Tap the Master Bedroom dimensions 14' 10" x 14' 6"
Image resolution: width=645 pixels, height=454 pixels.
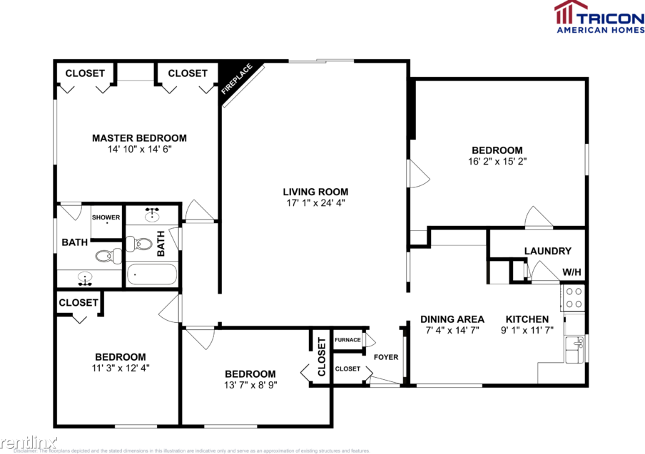[139, 150]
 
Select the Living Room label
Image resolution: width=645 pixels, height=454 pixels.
[315, 191]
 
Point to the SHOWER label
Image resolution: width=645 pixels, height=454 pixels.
[105, 217]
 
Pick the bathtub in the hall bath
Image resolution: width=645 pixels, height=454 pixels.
[151, 274]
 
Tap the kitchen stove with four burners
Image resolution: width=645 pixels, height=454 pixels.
[574, 298]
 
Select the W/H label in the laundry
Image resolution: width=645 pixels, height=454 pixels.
[572, 272]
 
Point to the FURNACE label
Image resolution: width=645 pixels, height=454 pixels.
[347, 340]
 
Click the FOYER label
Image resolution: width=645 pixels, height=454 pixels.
[386, 357]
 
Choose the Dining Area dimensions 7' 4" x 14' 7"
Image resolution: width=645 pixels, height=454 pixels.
[452, 330]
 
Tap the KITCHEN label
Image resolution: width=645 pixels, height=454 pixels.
[527, 319]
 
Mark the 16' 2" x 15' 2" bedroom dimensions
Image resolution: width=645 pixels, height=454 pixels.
[497, 162]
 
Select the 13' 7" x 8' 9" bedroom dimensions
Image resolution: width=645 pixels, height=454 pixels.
[250, 385]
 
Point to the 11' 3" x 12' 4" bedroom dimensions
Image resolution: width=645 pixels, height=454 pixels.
[121, 368]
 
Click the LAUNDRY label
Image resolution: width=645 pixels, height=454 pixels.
[547, 251]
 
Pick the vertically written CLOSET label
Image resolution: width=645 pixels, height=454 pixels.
[322, 356]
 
